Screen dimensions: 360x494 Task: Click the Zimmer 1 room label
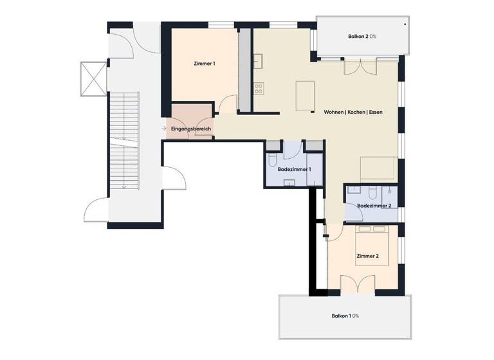[204, 64]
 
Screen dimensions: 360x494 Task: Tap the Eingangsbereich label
[191, 130]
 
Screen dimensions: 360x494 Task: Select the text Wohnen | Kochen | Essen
[354, 112]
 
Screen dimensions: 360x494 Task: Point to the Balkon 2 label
[363, 37]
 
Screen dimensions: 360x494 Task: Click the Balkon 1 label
[345, 316]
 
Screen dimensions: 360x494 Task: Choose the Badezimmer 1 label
[294, 169]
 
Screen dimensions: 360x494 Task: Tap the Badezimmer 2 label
[374, 205]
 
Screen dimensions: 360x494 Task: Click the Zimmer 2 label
[367, 256]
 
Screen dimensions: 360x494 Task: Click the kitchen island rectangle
[304, 96]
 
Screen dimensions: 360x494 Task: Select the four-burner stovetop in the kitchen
[259, 89]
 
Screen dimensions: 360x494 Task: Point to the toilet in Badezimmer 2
[374, 192]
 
